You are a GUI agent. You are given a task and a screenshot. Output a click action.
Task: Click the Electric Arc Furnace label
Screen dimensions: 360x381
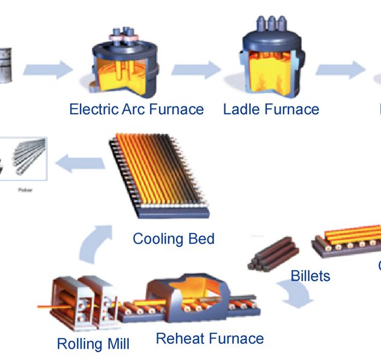tap(136, 109)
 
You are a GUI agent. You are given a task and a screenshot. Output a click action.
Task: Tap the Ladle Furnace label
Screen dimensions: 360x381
tap(270, 109)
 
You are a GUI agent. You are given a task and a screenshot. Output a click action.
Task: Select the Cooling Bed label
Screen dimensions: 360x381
tap(174, 239)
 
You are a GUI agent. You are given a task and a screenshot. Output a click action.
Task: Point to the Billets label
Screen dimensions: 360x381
tap(311, 276)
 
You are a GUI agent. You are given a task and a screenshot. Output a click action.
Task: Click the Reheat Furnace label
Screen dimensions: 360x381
tap(209, 338)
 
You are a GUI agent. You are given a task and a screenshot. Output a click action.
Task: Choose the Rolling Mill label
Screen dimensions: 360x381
tap(93, 344)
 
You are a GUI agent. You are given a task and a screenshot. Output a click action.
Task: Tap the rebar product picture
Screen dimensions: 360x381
tap(24, 159)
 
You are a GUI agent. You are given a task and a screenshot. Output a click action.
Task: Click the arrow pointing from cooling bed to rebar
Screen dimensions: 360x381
tap(75, 161)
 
